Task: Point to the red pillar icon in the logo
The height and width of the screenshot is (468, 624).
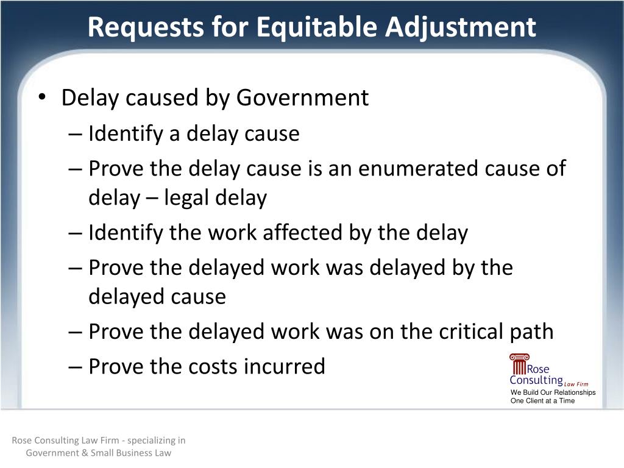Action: tap(519, 364)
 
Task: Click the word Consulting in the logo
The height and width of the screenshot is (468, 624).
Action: tap(536, 381)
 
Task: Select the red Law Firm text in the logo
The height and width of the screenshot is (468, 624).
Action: tap(576, 385)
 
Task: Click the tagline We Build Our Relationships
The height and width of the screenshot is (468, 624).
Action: tap(553, 392)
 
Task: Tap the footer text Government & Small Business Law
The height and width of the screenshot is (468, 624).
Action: tap(99, 453)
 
